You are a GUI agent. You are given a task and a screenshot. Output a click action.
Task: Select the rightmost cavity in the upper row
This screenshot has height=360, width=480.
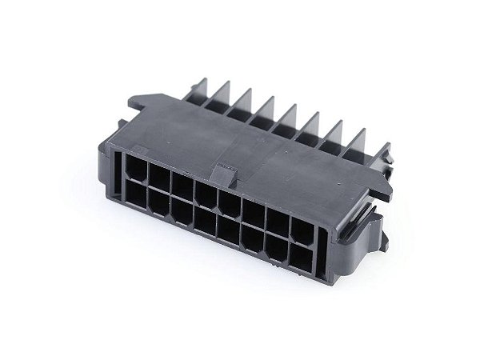click(x=302, y=230)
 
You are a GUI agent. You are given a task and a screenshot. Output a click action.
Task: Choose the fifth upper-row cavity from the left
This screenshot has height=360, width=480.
click(x=231, y=204)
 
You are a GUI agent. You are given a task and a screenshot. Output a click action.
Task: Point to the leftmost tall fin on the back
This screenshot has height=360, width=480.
click(x=198, y=90)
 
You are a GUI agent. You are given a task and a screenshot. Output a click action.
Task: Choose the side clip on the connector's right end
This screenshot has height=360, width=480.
click(x=376, y=228)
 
